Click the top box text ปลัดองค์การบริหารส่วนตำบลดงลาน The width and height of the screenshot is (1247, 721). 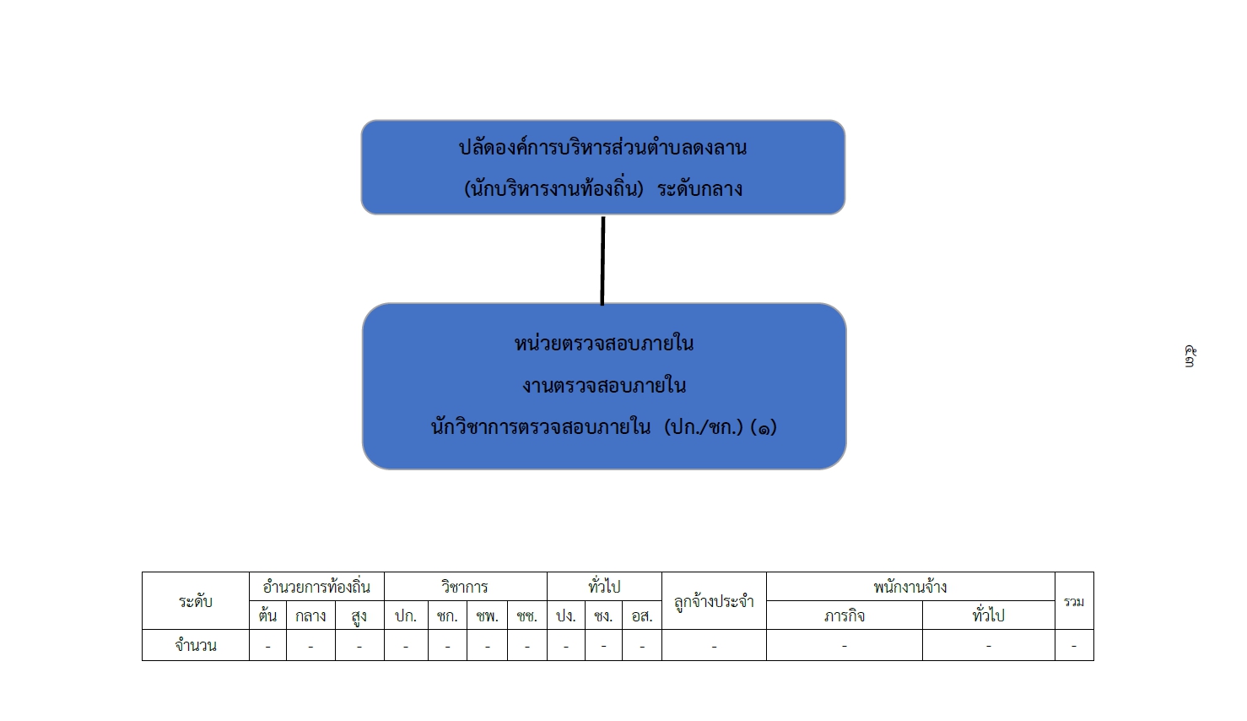coord(603,148)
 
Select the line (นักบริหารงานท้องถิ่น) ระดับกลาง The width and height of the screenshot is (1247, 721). coord(603,188)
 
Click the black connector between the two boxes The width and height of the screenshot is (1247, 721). coord(603,260)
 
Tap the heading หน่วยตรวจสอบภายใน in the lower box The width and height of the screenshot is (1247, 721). coord(604,343)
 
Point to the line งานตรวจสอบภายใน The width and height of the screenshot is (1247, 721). coord(604,386)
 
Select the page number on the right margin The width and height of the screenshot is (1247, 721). coord(1190,356)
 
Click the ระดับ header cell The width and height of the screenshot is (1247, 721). coord(196,601)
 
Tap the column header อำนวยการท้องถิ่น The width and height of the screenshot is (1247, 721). coord(316,587)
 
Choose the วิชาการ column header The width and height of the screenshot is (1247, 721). coord(465,587)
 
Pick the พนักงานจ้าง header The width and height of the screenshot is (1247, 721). coord(910,587)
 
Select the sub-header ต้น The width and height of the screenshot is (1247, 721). coord(267,615)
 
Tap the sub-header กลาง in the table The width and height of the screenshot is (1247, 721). coord(310,616)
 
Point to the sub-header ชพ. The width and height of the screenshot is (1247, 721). coord(487,616)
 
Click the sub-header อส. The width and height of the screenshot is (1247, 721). coord(642,616)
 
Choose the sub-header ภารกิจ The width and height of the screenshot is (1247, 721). coord(845,616)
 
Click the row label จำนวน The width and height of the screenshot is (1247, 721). coord(196,645)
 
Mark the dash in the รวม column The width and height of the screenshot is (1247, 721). coord(1074,646)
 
